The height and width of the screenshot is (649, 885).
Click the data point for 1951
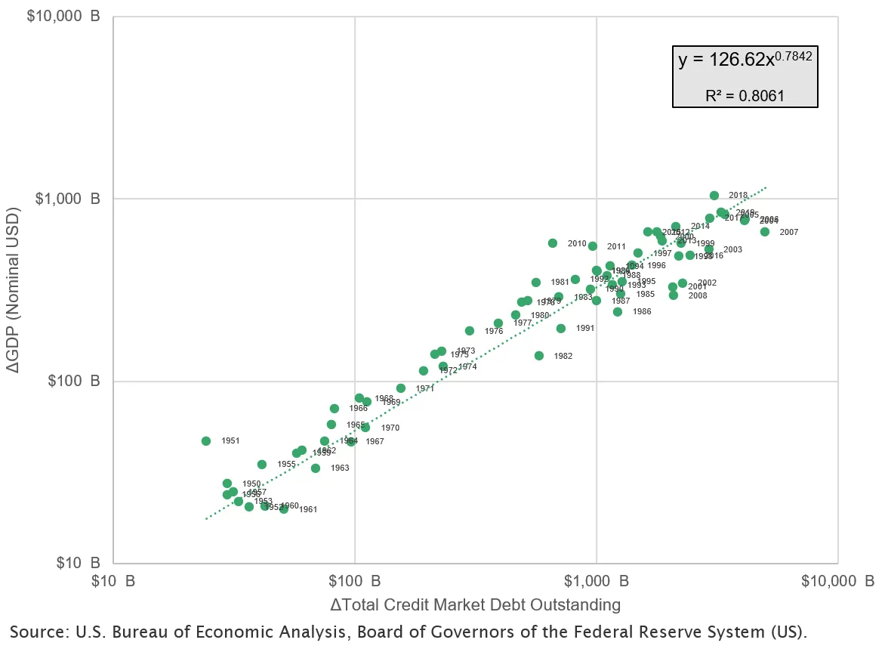point(206,441)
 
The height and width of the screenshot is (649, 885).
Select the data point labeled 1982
point(539,356)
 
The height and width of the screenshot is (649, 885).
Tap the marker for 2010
point(553,243)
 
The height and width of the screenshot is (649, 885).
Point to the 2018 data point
point(714,196)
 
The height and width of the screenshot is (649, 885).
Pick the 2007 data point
point(765,232)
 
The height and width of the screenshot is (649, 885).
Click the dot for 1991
point(561,329)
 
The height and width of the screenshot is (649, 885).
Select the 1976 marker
point(470,331)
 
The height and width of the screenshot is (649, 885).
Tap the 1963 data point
point(316,468)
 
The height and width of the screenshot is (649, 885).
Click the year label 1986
point(642,312)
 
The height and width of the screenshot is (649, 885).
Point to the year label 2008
point(698,295)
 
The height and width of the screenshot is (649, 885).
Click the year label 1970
point(390,428)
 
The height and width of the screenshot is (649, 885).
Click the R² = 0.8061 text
point(745,96)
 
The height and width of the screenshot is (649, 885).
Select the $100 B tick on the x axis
point(354,581)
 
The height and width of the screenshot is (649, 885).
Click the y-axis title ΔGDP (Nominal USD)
point(14,289)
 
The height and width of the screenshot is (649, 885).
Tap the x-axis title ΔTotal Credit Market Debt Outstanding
point(475,605)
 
